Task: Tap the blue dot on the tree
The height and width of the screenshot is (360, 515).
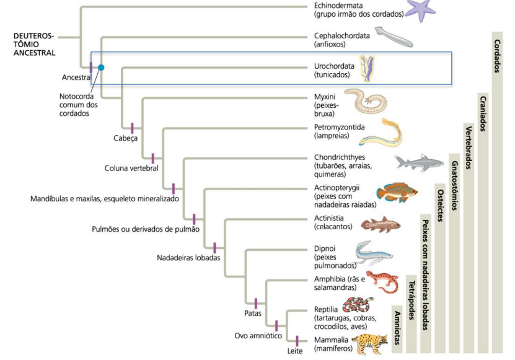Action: click(101, 66)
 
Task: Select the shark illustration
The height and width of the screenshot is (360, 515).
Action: click(418, 162)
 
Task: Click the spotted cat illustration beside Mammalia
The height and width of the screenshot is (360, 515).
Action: click(370, 343)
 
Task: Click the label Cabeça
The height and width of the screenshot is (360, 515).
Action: click(126, 138)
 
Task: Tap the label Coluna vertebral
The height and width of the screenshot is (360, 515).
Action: click(131, 168)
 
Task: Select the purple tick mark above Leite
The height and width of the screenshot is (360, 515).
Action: click(297, 340)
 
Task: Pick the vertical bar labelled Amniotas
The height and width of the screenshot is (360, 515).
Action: click(396, 328)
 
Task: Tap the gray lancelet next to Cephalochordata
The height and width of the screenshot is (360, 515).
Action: click(393, 38)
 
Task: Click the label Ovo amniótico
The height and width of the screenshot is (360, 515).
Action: click(258, 335)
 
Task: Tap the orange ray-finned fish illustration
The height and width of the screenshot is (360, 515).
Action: click(397, 192)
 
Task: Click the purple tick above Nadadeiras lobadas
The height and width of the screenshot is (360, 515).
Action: click(214, 247)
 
